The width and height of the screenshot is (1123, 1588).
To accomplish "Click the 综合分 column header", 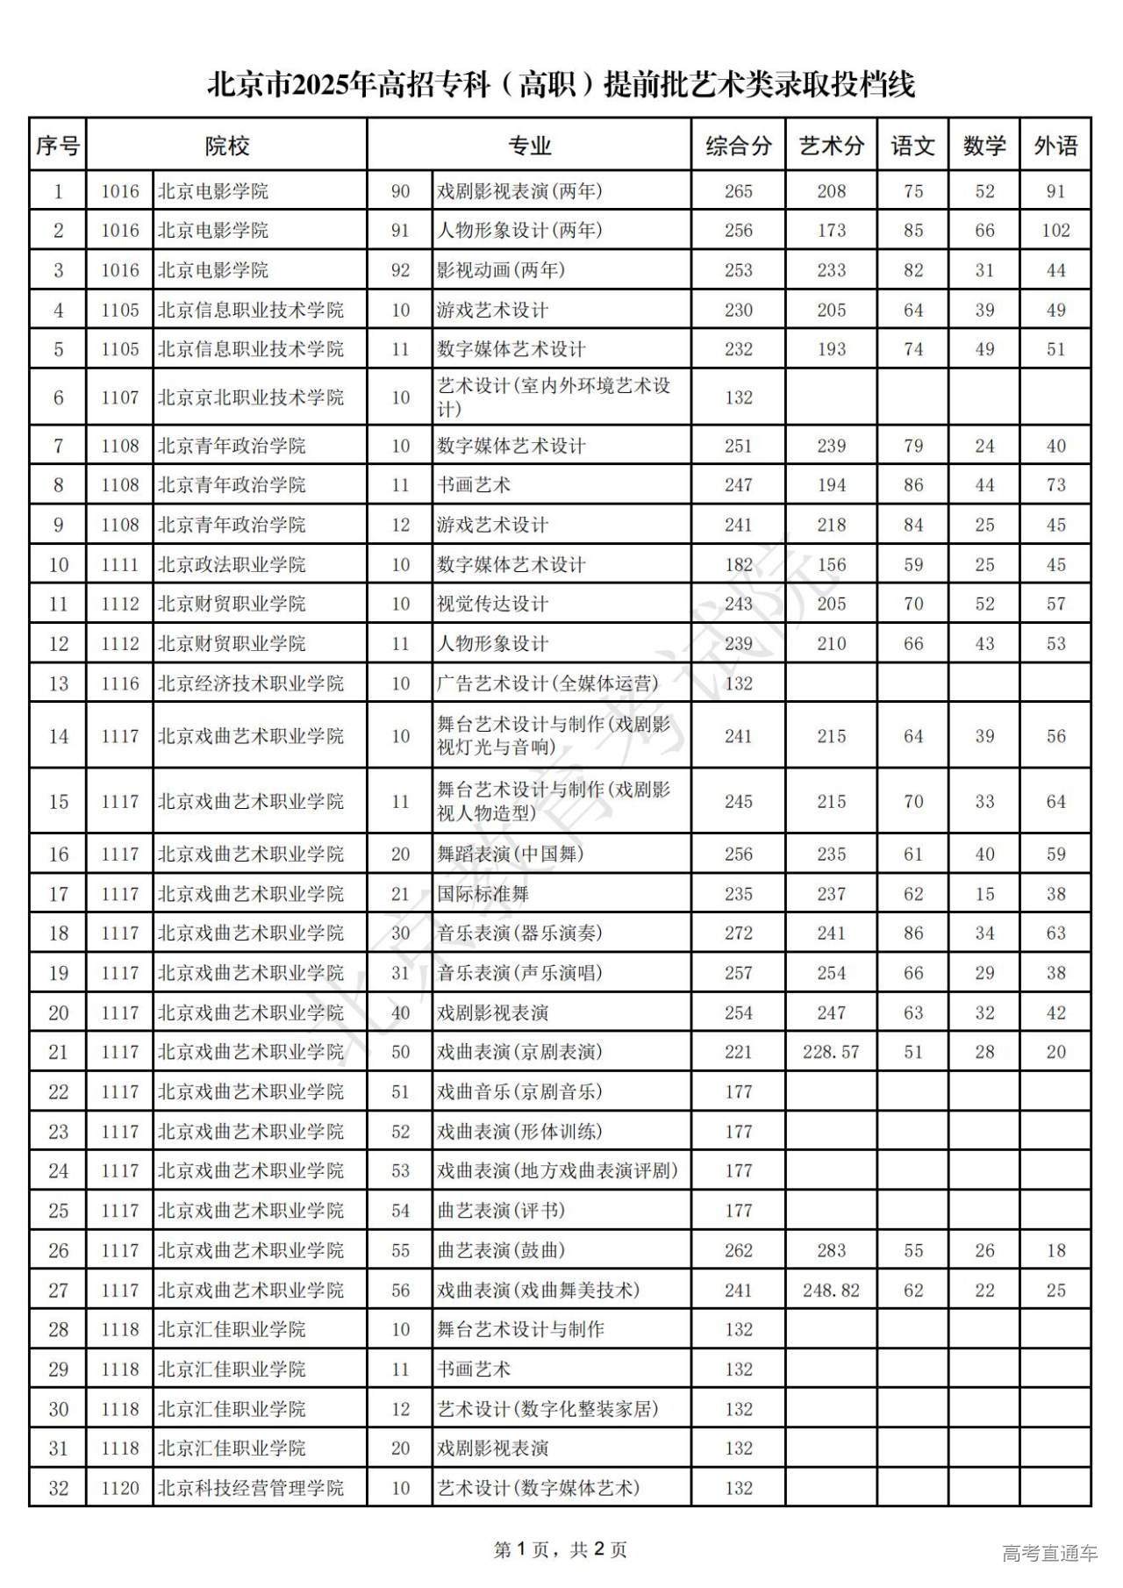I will click(738, 146).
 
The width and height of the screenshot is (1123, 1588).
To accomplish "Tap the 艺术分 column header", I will click(831, 146).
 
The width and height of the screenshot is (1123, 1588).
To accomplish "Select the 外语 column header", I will click(1055, 146).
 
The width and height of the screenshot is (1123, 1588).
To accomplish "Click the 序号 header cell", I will click(58, 146).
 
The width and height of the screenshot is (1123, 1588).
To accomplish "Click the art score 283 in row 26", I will click(831, 1250).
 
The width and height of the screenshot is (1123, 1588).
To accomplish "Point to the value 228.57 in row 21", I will click(831, 1052).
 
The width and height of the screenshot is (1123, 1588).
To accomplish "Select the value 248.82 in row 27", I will click(831, 1290).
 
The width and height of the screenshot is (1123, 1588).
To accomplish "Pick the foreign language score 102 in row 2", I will click(1055, 231).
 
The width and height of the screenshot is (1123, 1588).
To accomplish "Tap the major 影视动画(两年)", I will click(501, 270).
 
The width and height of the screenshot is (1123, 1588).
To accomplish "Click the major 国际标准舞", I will click(483, 894).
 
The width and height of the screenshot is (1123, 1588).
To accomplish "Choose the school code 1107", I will click(120, 397).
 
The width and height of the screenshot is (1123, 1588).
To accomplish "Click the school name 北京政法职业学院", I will click(232, 564).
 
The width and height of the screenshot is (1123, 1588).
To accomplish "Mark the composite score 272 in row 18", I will click(738, 933).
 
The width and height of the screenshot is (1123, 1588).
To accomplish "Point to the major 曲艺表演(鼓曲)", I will click(501, 1250).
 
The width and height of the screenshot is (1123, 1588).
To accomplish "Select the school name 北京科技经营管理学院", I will click(251, 1488).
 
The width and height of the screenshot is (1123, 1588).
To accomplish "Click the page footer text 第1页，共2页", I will click(561, 1550).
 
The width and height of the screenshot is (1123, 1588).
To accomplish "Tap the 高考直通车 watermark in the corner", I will click(1050, 1554).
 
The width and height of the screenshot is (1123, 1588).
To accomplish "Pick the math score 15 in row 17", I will click(984, 894).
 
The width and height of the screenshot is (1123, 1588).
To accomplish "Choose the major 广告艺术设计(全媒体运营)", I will click(547, 683).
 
